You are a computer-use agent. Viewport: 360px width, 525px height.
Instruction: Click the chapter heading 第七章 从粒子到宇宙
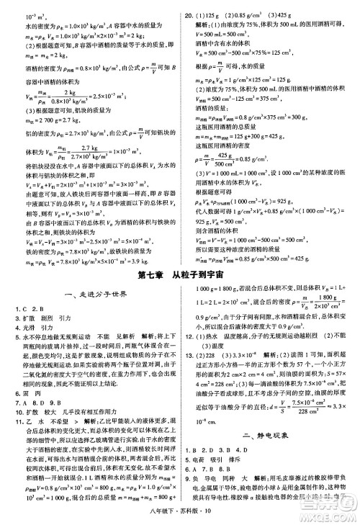tap(181, 274)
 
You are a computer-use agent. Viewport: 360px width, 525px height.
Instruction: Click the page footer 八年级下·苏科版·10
tap(181, 514)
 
